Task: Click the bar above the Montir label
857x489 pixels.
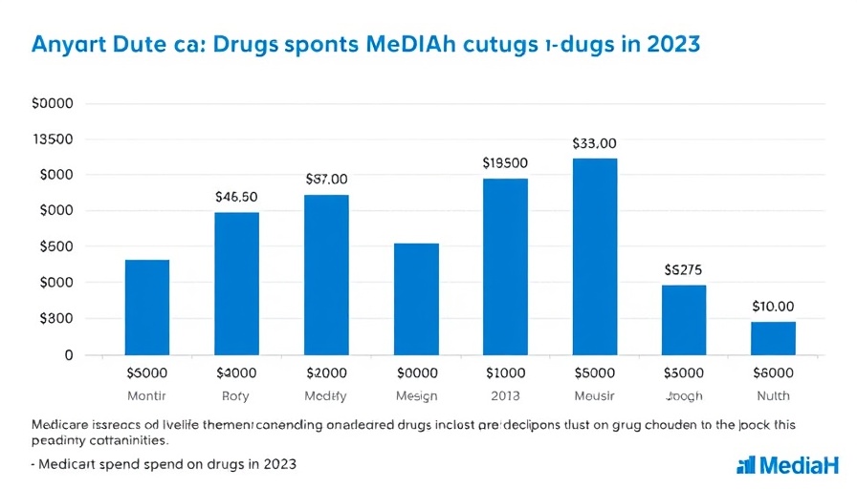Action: tap(147, 307)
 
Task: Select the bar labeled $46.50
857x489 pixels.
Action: tap(236, 283)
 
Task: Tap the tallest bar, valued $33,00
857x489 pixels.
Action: tap(595, 256)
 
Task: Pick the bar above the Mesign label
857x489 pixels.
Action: tap(416, 299)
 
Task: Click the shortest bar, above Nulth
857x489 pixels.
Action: tap(773, 338)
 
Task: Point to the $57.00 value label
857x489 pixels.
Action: tap(326, 179)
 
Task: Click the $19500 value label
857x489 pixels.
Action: tap(505, 163)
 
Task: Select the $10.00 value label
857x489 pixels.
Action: tap(773, 307)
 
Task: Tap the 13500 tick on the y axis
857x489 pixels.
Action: tap(53, 139)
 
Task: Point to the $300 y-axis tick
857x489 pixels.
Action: tap(53, 319)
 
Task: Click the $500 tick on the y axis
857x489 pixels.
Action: tap(53, 246)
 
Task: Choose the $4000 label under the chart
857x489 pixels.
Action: tap(236, 372)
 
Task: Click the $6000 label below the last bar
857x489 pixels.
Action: tap(773, 372)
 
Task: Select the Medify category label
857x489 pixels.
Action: tap(326, 395)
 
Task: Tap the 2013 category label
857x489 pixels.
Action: tap(505, 395)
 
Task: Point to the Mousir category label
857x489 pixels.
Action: tap(595, 395)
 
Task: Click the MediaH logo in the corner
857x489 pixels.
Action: tap(787, 465)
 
